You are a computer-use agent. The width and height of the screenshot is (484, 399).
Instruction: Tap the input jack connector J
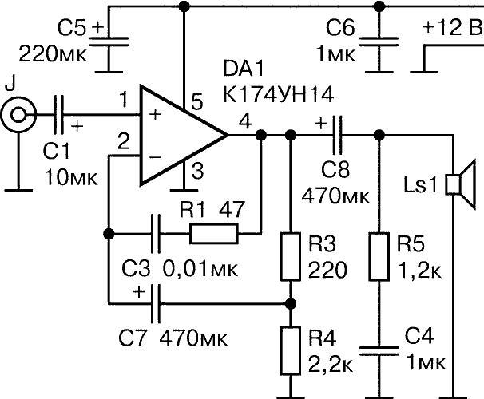15,117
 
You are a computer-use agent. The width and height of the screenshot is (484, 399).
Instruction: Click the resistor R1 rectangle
214,234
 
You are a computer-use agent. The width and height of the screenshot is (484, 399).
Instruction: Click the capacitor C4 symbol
379,349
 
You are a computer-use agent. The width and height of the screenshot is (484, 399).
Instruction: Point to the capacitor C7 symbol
157,303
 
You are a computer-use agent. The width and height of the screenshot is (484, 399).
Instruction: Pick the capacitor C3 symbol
157,234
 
